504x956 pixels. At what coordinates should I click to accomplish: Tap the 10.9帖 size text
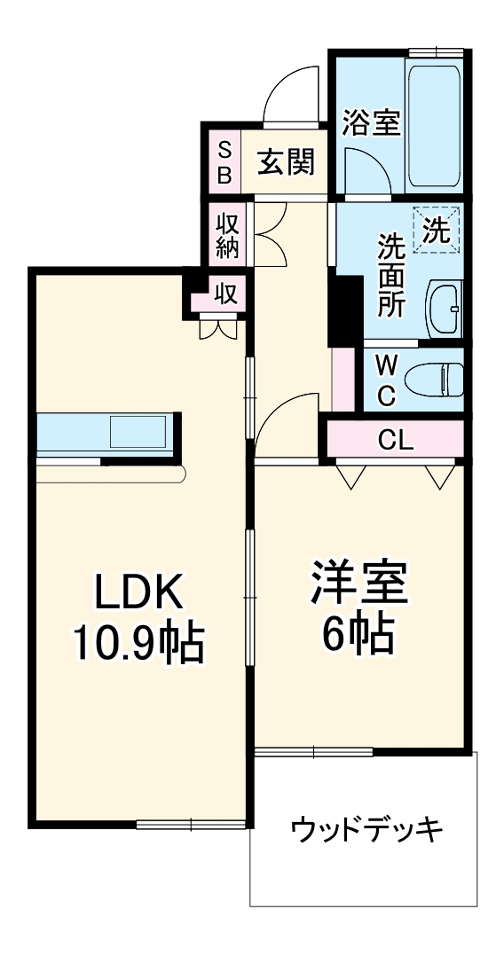138,646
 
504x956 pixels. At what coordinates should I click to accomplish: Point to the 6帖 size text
358,635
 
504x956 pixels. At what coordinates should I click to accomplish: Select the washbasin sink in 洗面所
445,310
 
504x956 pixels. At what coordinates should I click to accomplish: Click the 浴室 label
371,123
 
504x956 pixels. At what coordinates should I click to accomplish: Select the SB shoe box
224,162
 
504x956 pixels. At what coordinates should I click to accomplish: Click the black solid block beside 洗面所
344,310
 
